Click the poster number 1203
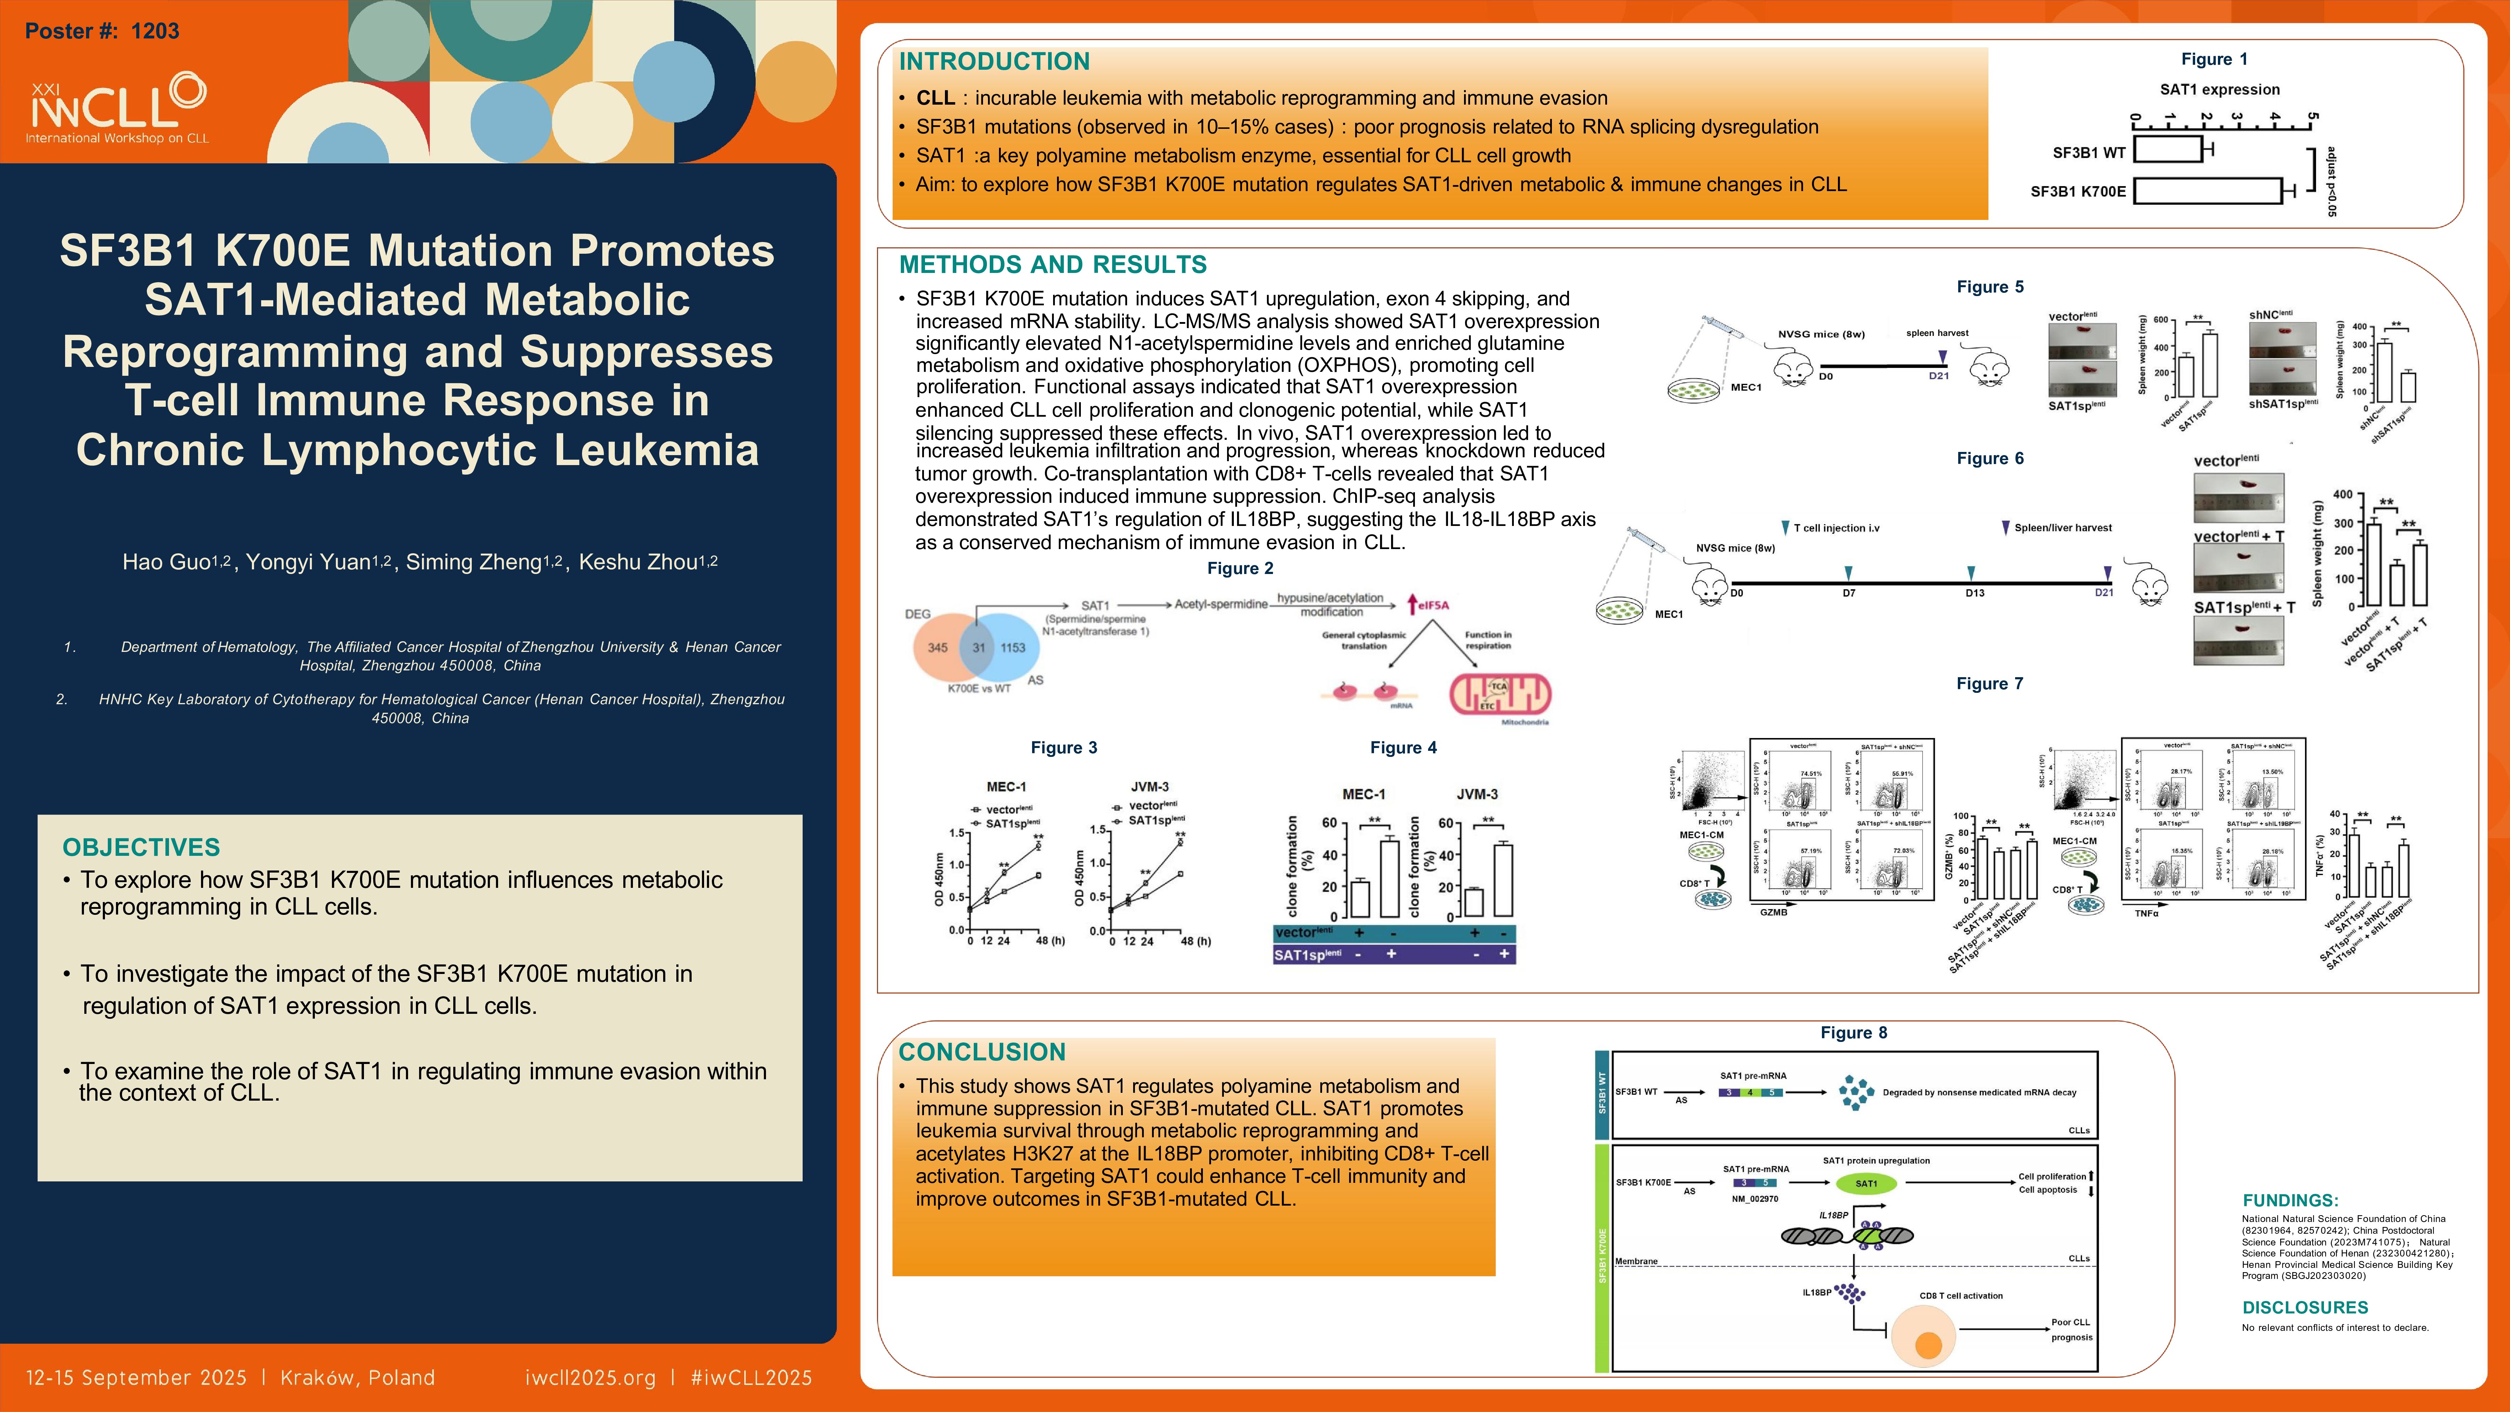coord(155,31)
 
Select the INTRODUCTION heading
coord(994,62)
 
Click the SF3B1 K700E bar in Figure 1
coord(2207,191)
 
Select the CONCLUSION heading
coord(981,1053)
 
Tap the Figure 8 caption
coord(1853,1033)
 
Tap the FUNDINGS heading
coord(2290,1201)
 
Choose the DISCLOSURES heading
coord(2304,1308)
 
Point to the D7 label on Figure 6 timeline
coord(1848,592)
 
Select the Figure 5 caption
coord(1990,286)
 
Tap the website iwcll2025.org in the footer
coord(590,1378)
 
